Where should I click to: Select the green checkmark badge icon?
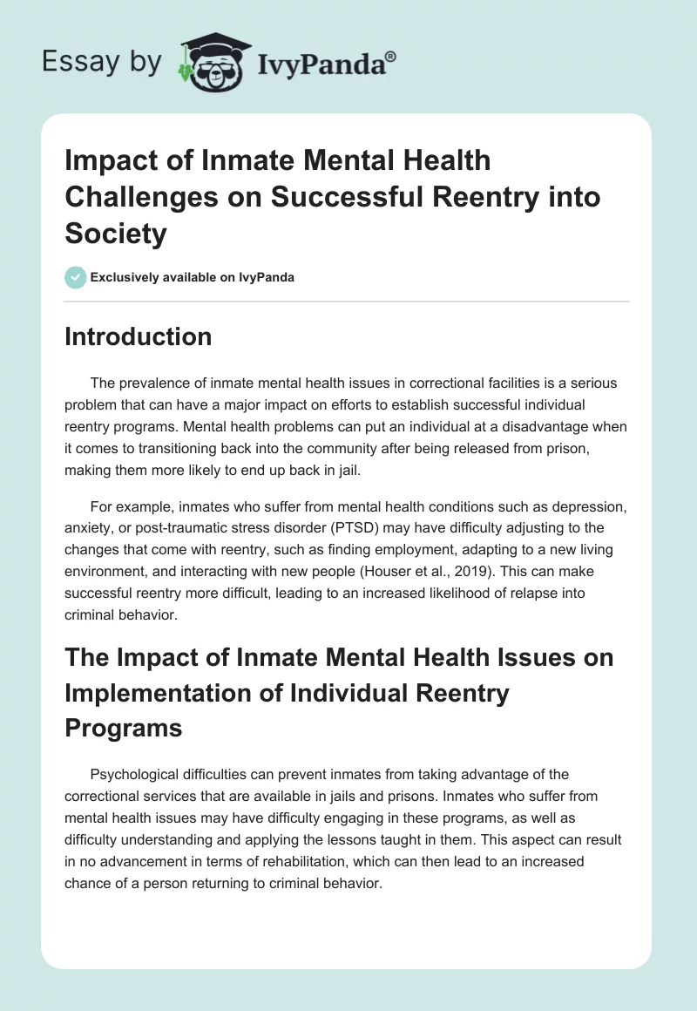[x=75, y=278]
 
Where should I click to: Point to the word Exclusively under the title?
[x=125, y=278]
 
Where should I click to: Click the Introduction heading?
[x=138, y=337]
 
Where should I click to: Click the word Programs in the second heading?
[x=124, y=729]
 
